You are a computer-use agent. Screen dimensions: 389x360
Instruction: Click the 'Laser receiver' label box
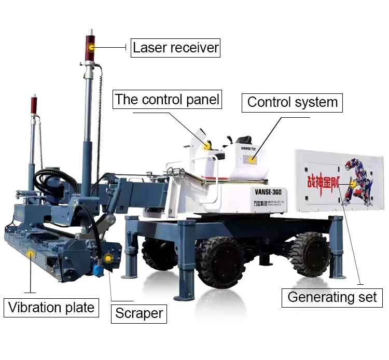click(175, 48)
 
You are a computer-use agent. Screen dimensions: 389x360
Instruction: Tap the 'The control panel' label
click(167, 100)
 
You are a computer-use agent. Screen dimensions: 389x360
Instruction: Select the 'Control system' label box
click(292, 102)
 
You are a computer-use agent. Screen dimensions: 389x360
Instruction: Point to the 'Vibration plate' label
click(51, 308)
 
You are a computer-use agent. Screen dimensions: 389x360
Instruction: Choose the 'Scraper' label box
click(139, 313)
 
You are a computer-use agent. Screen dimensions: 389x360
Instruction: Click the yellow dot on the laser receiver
click(92, 48)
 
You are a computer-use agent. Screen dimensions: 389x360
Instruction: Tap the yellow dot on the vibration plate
click(31, 254)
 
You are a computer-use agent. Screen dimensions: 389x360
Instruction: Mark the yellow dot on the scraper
click(108, 258)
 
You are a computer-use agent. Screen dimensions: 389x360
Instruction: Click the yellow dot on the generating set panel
click(353, 184)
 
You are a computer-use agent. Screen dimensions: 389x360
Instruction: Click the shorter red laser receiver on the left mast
click(34, 104)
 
